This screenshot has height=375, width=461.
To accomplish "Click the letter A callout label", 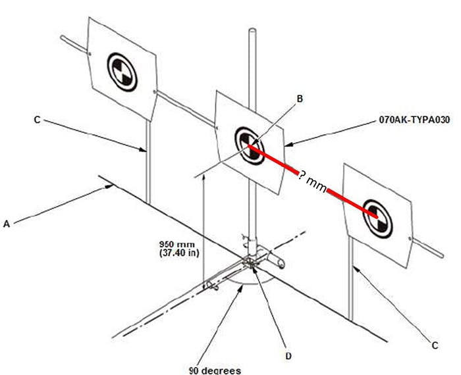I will (x=7, y=224).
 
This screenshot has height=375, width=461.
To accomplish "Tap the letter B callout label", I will (x=299, y=99).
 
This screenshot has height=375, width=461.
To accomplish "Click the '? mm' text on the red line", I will (x=313, y=182).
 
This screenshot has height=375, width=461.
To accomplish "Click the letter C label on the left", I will (x=37, y=120).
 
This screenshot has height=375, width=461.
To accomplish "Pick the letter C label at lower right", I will (x=434, y=345).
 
